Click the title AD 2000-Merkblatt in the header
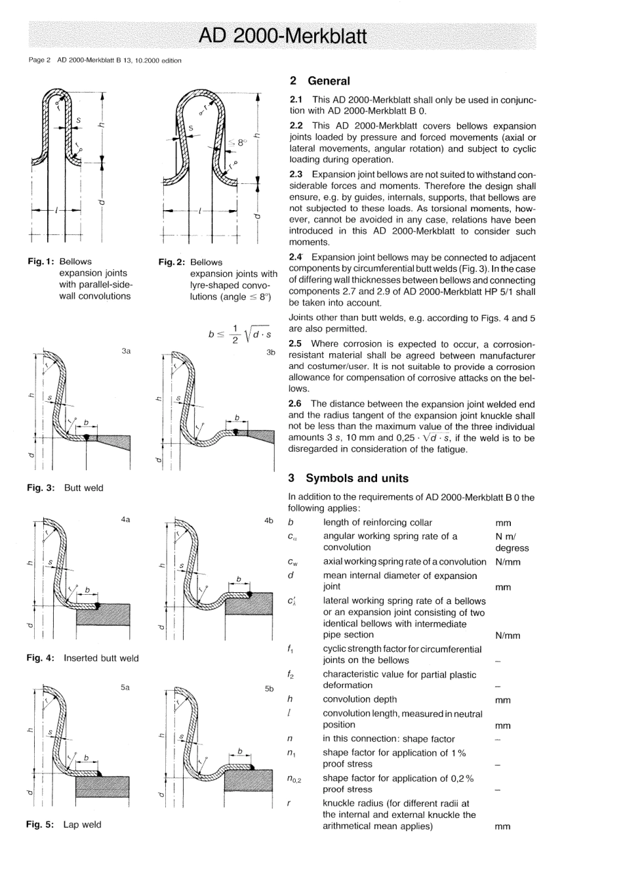pos(283,35)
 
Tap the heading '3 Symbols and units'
pos(348,479)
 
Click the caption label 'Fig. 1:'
pos(40,261)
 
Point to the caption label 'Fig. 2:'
pos(172,262)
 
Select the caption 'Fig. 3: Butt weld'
pos(65,488)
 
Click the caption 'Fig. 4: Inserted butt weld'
pos(83,658)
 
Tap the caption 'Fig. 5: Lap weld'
pos(64,825)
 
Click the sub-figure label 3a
pos(126,351)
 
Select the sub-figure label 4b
pos(269,520)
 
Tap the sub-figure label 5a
pos(125,687)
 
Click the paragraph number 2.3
pos(296,174)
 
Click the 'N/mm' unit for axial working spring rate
pos(508,562)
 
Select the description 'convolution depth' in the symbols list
pos(360,699)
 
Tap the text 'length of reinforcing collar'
pos(378,523)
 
